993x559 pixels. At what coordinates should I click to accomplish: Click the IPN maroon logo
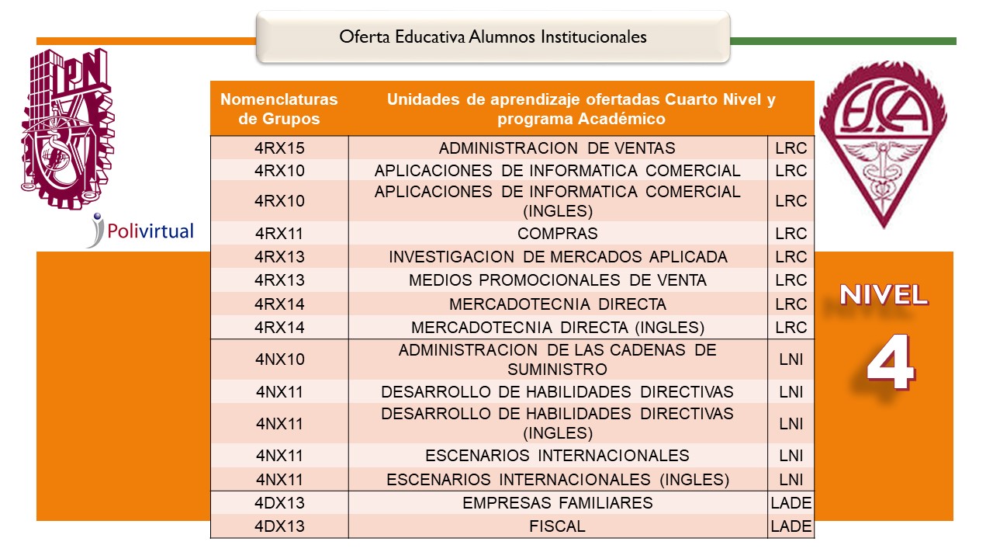(64, 128)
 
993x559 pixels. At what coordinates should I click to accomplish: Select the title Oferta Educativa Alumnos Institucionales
(493, 36)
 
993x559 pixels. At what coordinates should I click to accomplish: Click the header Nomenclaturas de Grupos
(279, 109)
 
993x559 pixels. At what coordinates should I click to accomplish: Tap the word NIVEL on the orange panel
(884, 295)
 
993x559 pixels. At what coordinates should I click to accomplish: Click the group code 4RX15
(279, 148)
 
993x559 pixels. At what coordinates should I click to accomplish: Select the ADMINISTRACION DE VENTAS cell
(557, 148)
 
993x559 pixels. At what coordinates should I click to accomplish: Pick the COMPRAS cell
(557, 234)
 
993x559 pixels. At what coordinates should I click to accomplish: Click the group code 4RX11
(279, 234)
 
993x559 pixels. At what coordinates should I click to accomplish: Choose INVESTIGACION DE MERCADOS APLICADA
(557, 257)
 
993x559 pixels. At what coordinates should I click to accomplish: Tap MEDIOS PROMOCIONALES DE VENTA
(557, 280)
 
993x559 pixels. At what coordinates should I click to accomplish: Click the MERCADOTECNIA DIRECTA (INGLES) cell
(557, 327)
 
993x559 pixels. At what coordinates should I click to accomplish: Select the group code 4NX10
(279, 359)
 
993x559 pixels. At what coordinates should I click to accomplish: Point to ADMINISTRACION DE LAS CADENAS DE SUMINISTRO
(557, 359)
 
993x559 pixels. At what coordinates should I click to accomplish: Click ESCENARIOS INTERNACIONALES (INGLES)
(557, 479)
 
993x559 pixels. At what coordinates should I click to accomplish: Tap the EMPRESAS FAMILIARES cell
(557, 503)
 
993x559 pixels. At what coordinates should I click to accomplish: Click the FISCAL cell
(557, 526)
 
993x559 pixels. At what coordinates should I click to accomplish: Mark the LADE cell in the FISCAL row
(791, 526)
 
